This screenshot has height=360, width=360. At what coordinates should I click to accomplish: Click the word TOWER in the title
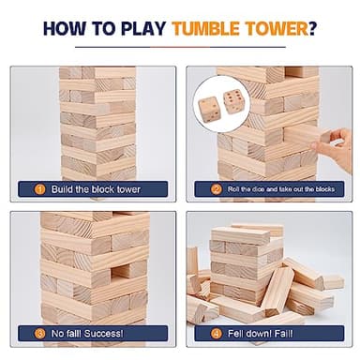click(280, 26)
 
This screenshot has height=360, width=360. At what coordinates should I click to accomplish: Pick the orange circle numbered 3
click(41, 331)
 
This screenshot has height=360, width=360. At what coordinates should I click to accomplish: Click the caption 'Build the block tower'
click(92, 188)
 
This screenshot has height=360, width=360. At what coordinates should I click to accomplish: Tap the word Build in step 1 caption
click(62, 188)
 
